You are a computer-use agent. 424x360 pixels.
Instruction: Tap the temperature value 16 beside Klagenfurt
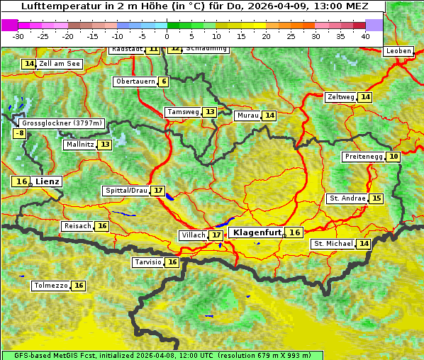(x=294, y=232)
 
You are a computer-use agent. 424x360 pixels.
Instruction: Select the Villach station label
(x=193, y=235)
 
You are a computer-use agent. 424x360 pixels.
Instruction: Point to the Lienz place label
(x=48, y=181)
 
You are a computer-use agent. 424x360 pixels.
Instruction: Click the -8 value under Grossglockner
(x=20, y=133)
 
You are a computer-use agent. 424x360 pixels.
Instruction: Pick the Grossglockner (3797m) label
(x=62, y=123)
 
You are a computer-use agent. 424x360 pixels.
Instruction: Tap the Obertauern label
(x=135, y=81)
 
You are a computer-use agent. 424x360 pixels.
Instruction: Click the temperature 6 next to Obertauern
(x=164, y=81)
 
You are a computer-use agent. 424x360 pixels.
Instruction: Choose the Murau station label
(x=247, y=116)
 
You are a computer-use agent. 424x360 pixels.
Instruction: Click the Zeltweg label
(x=340, y=97)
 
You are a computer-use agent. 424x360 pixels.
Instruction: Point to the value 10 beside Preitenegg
(x=393, y=157)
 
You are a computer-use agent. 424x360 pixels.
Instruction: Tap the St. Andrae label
(x=347, y=198)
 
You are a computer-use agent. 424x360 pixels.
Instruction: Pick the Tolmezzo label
(x=51, y=286)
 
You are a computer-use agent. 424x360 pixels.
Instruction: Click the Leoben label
(x=398, y=51)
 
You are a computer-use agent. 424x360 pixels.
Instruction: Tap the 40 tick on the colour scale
(x=365, y=35)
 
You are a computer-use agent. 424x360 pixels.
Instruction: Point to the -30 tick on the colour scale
(x=18, y=35)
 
